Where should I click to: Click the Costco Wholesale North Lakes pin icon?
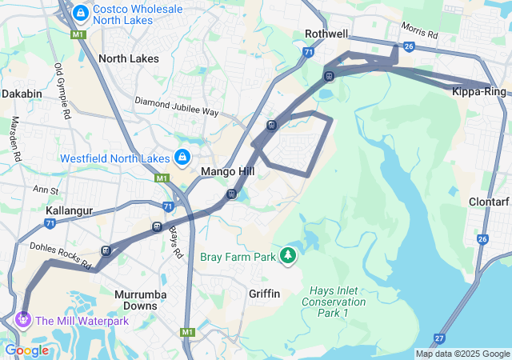[x=80, y=13]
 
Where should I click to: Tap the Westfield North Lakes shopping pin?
[x=182, y=155]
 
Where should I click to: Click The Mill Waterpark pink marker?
[x=22, y=320]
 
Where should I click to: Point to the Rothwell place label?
[x=326, y=34]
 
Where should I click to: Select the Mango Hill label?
[x=227, y=172]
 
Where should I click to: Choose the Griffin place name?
[x=264, y=294]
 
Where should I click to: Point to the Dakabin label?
[x=22, y=94]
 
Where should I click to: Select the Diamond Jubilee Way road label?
[x=176, y=106]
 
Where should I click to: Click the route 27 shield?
[x=439, y=338]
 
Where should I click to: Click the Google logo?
[x=26, y=350]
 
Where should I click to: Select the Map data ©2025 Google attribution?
[x=462, y=354]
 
